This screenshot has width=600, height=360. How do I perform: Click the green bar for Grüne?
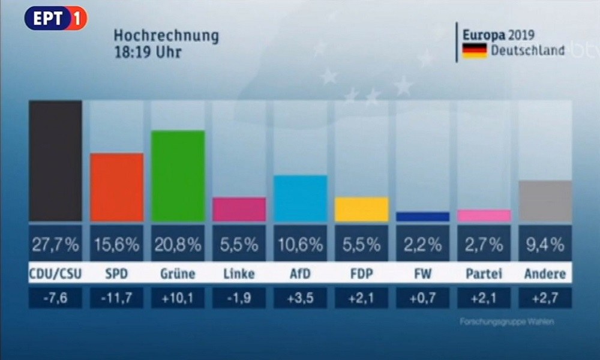178,176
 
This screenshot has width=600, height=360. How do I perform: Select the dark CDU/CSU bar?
56,161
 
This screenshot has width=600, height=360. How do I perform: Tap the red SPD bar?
116,187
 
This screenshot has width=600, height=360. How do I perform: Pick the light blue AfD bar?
300,198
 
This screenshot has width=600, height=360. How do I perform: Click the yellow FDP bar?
361,209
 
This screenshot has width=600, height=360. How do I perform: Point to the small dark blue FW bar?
422,217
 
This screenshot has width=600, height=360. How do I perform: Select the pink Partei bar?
484,215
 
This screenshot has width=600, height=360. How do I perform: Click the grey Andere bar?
545,200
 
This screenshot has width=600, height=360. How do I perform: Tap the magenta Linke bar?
239,209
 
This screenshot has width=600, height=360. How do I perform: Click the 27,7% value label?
56,244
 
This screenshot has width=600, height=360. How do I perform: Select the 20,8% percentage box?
178,244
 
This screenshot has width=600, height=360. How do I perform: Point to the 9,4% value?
545,244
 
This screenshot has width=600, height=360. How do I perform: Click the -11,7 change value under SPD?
116,297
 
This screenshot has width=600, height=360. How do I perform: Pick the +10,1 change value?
178,297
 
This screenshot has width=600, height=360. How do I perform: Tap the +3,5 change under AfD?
300,297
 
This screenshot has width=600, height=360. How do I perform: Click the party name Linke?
239,274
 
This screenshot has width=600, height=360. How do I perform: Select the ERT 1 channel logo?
56,19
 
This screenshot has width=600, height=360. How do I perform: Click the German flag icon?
473,51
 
